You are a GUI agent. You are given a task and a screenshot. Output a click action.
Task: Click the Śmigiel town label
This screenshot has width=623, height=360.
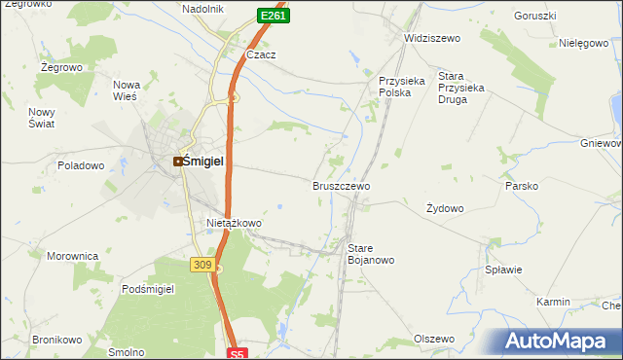tap(206, 162)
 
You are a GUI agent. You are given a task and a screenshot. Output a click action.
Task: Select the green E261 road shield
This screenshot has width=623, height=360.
tap(273, 16)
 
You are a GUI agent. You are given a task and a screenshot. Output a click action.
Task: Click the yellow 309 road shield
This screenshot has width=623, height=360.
tap(202, 265)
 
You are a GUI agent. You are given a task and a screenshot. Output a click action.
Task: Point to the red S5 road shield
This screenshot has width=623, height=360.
tap(239, 353)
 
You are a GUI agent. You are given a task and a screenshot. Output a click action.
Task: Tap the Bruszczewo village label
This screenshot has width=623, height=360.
tap(341, 185)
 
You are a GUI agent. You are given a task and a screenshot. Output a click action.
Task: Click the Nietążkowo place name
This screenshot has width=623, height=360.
tap(234, 223)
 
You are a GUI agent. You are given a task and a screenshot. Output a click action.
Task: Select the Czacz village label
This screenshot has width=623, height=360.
tap(261, 55)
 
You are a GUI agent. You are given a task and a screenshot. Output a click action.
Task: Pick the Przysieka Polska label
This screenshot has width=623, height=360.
tap(402, 87)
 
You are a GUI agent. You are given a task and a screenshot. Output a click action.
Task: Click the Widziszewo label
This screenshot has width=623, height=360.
tap(431, 38)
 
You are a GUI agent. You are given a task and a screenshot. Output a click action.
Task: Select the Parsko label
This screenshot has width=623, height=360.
tap(521, 185)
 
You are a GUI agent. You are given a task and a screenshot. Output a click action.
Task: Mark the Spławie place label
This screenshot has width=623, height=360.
tap(504, 270)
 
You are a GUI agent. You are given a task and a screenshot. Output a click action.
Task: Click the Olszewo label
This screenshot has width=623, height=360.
tap(434, 339)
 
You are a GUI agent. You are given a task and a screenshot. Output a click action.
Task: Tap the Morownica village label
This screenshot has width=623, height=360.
tap(73, 256)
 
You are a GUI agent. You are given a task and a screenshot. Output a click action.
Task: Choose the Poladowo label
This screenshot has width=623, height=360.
tap(81, 165)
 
